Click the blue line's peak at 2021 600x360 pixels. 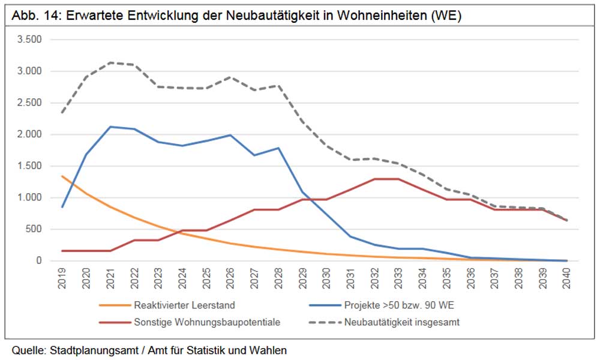click(110, 127)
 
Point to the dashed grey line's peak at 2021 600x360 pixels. click(110, 62)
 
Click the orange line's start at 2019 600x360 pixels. click(62, 176)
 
